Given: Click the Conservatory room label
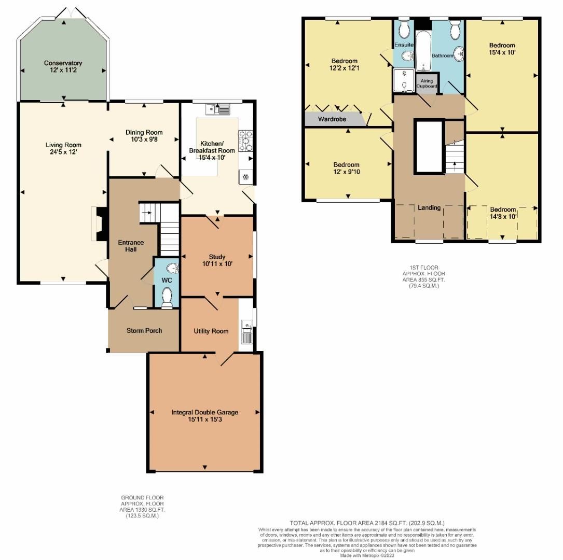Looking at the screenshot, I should coord(63,63).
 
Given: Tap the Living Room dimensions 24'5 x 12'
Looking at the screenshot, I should coord(63,152).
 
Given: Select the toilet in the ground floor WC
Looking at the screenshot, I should coord(167,298).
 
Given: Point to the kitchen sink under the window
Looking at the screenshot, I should coord(218,109).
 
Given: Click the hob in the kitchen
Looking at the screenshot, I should coord(245,139).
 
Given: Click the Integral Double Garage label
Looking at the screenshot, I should coord(204,412).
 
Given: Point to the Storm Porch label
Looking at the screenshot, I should coord(144,331).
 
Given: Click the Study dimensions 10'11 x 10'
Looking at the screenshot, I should coord(217,264).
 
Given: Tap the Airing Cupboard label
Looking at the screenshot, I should coord(427,83).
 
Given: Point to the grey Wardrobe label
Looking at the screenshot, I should coord(332,119).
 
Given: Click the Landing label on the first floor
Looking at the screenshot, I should coord(429,207).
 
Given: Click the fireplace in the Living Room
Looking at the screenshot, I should coord(99,224).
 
